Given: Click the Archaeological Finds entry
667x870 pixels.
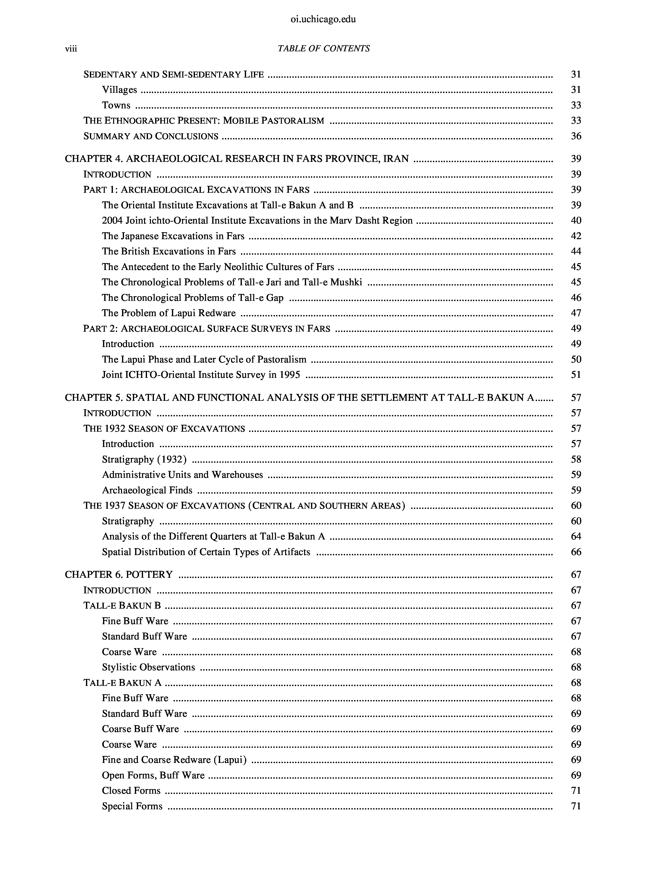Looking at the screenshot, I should (147, 491).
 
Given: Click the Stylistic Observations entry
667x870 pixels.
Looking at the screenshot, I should (148, 667).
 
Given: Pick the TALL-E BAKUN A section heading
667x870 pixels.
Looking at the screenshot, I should (122, 683).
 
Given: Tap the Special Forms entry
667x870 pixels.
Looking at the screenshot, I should (132, 806).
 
